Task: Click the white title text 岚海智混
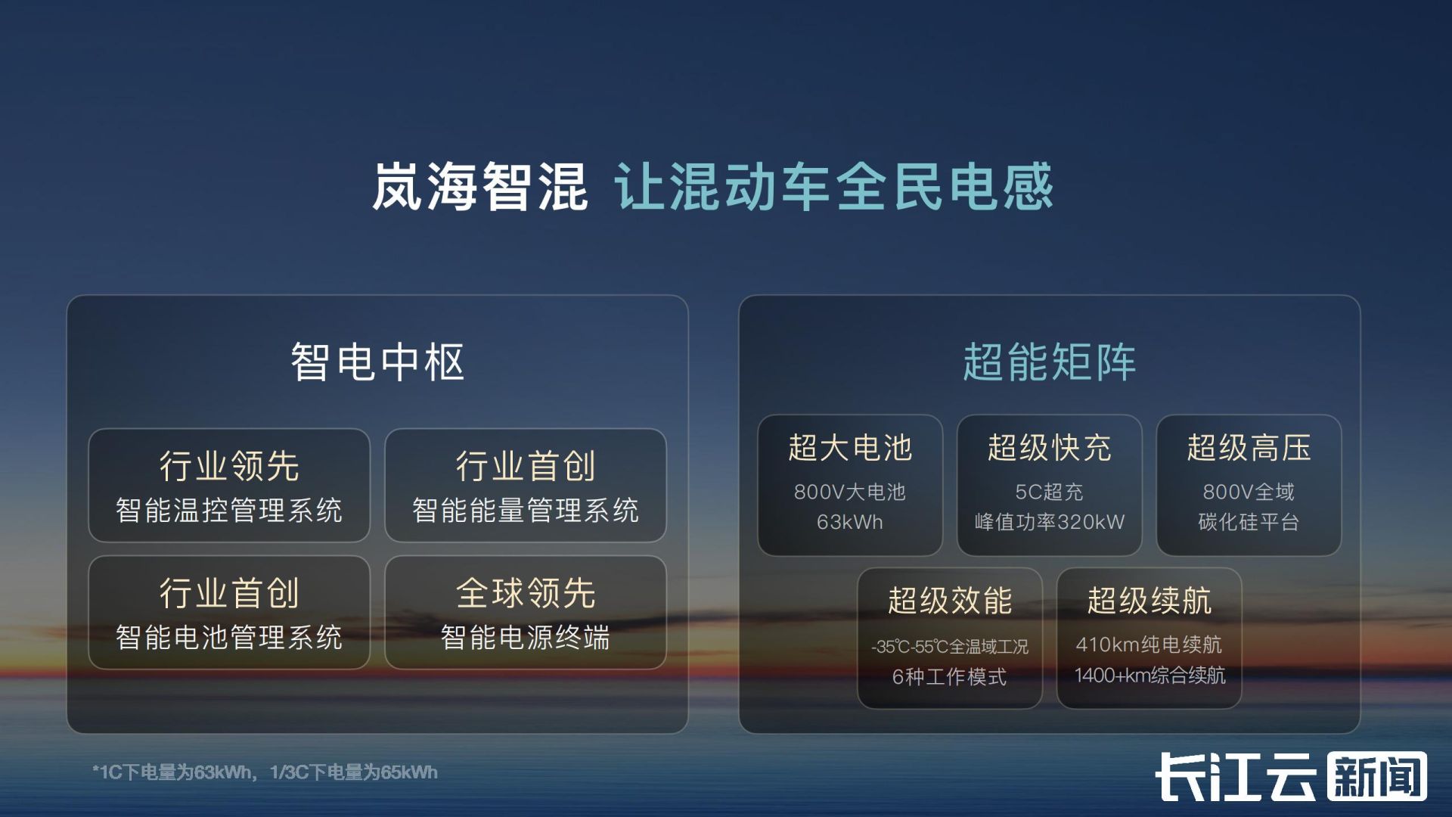click(479, 186)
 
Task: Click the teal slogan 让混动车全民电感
click(833, 186)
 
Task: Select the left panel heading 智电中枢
click(377, 362)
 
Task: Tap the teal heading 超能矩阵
click(1049, 362)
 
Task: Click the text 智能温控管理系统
click(229, 511)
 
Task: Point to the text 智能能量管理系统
click(526, 511)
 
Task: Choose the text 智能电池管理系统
click(229, 638)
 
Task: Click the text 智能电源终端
click(526, 638)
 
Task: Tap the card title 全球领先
click(526, 593)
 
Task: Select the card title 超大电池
click(850, 448)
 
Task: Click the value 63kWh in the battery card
click(850, 522)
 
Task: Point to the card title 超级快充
click(1049, 448)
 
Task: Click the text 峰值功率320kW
click(1049, 522)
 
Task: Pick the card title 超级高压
click(1249, 448)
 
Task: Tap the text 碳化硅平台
click(1249, 522)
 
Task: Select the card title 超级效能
click(950, 601)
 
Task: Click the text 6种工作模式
click(950, 676)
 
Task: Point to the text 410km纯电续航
click(1149, 645)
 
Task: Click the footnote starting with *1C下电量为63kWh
click(265, 772)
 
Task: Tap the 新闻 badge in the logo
click(1377, 776)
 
